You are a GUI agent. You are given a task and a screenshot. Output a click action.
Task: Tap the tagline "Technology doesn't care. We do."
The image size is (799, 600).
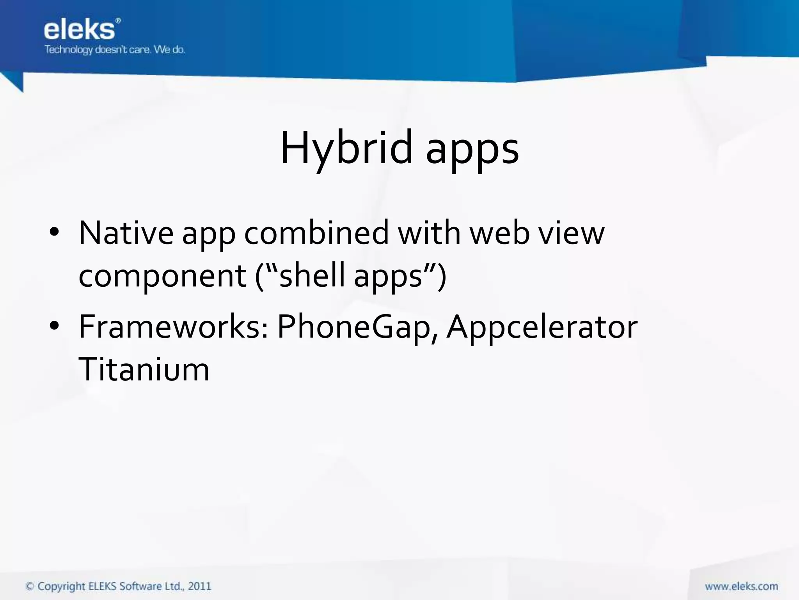(115, 50)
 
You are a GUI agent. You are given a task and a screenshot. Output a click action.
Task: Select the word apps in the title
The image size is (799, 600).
(472, 150)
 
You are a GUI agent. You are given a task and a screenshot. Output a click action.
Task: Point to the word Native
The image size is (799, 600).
(126, 233)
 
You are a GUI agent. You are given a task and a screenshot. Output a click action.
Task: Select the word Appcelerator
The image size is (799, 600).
(542, 327)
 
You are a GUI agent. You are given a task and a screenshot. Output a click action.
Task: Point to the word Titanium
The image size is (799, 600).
(144, 370)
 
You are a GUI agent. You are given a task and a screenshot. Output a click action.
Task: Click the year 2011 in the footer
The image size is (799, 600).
(200, 586)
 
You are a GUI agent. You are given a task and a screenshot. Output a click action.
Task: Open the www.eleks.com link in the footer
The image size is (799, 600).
(741, 586)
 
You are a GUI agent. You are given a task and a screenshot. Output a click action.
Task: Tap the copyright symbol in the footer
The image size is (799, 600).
(29, 586)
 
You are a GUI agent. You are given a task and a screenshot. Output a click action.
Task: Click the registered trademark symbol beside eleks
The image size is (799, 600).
(118, 21)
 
